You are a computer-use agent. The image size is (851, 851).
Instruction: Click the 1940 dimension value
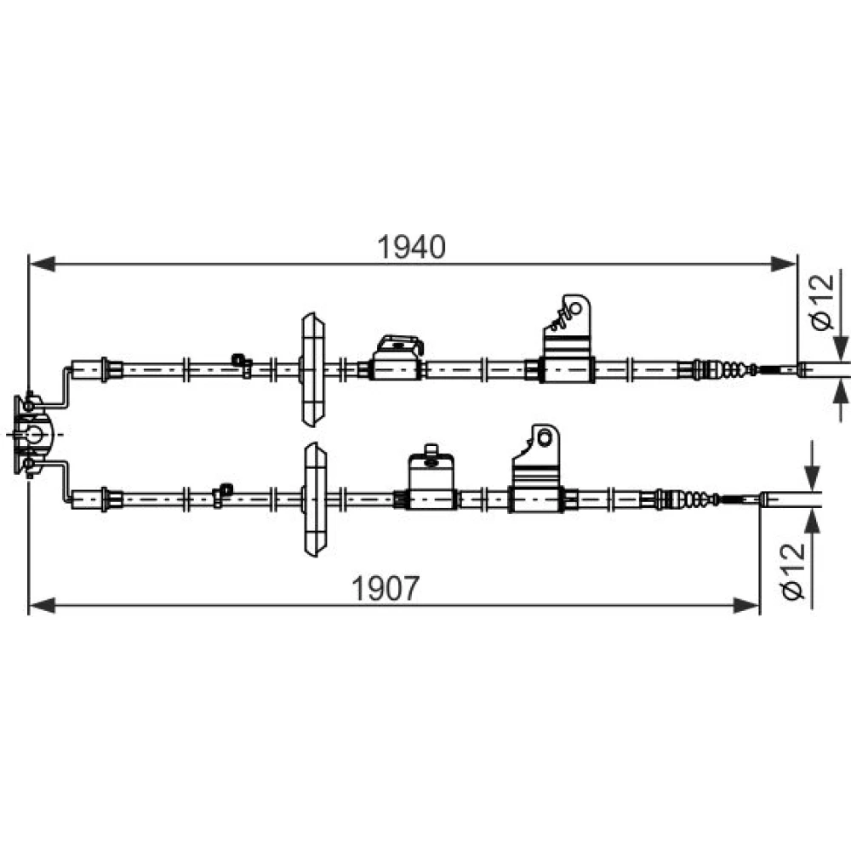point(411,248)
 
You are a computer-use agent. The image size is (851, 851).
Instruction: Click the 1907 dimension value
point(386,588)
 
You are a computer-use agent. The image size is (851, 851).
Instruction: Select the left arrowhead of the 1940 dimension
point(42,265)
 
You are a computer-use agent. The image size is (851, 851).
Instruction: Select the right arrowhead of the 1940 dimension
point(783,265)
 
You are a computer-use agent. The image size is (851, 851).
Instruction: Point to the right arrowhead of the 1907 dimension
point(746,606)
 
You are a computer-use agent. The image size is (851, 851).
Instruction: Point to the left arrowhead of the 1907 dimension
point(42,606)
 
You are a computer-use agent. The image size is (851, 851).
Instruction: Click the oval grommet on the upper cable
point(313,369)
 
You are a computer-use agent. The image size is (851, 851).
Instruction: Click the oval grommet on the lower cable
point(315,500)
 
